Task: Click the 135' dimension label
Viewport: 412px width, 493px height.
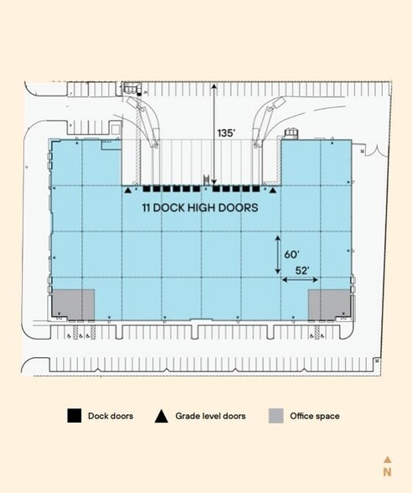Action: pyautogui.click(x=226, y=132)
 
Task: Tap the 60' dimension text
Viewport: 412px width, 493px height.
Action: pyautogui.click(x=292, y=253)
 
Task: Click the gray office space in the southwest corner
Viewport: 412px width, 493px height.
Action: pyautogui.click(x=73, y=304)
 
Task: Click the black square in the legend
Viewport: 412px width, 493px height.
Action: pyautogui.click(x=75, y=416)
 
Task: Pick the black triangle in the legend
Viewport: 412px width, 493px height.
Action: pyautogui.click(x=161, y=416)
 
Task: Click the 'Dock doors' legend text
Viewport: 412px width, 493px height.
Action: pyautogui.click(x=111, y=416)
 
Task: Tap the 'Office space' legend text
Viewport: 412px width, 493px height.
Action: pyautogui.click(x=315, y=416)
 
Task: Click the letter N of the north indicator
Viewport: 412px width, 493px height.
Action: pyautogui.click(x=387, y=472)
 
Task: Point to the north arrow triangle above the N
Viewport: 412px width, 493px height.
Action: pyautogui.click(x=387, y=459)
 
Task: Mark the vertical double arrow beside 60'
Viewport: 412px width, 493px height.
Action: pyautogui.click(x=278, y=254)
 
